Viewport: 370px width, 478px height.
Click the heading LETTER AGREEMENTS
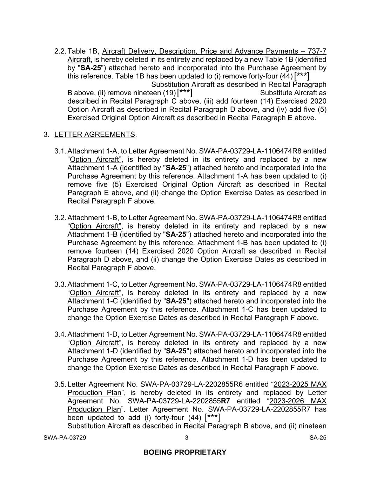coord(95,134)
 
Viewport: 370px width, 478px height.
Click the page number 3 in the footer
coord(187,437)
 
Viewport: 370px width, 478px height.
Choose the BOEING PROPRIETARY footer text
coord(185,452)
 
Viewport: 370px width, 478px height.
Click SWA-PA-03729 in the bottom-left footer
coord(65,437)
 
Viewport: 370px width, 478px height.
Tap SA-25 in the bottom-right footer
coord(318,437)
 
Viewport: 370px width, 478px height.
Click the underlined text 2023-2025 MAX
coord(300,385)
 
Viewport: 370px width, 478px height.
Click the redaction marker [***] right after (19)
coord(184,92)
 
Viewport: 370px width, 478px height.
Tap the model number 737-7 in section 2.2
coord(317,51)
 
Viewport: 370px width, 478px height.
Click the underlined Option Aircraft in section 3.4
coord(94,343)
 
